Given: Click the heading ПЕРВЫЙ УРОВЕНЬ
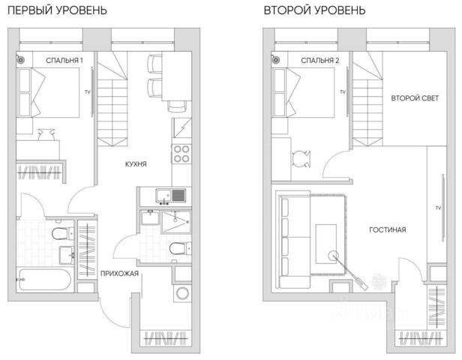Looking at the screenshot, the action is (x=57, y=10).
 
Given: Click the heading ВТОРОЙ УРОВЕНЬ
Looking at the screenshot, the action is (x=314, y=10).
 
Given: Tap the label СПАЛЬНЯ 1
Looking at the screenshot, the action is (x=64, y=61).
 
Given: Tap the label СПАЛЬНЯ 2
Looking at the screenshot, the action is (x=320, y=61).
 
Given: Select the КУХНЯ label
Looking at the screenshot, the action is (x=136, y=164).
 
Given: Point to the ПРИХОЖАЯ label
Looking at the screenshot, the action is (x=119, y=274).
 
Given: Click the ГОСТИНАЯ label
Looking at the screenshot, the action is (x=388, y=229).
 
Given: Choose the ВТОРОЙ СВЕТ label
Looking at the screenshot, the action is (x=415, y=98).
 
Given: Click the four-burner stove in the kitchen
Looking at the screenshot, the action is (x=181, y=154).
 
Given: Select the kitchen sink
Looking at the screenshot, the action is (x=170, y=196).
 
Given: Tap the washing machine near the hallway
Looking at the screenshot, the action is (x=182, y=293).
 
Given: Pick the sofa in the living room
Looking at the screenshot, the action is (x=294, y=239).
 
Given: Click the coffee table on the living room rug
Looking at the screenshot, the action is (x=325, y=244).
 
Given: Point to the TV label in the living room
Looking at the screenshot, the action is (x=438, y=208).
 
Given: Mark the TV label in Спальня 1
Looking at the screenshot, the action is (x=88, y=92).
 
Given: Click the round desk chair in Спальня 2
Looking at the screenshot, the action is (x=301, y=159).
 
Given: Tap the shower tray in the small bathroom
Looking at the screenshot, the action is (x=176, y=222).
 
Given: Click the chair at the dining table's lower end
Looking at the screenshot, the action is (x=177, y=106).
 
